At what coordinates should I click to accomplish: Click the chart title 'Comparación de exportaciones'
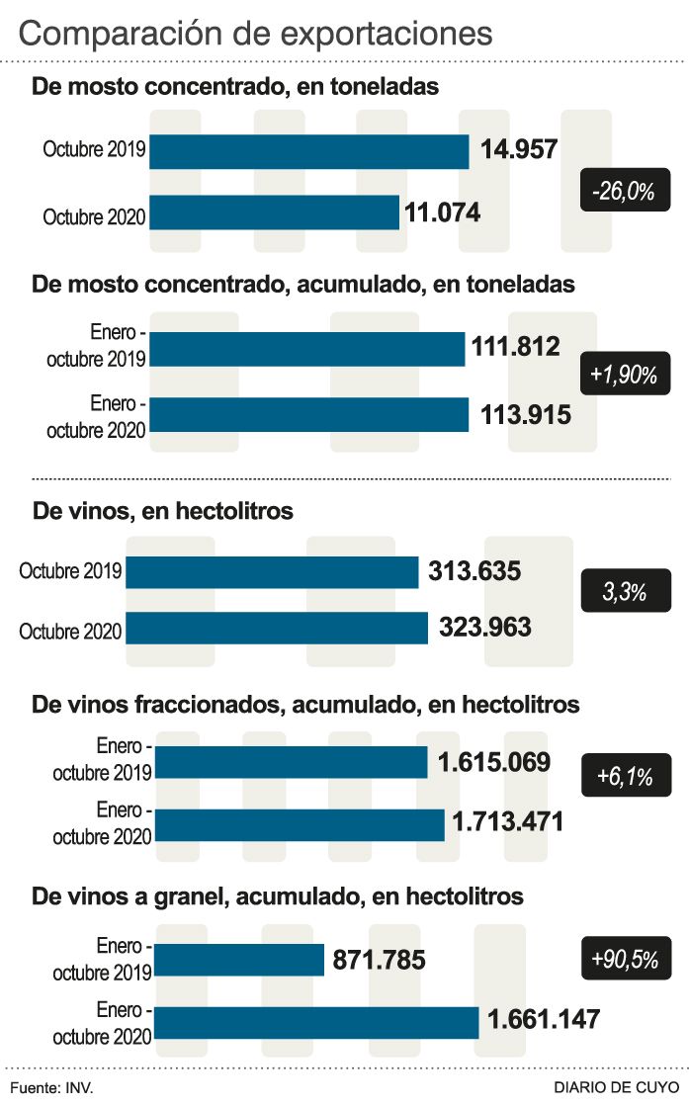click(x=255, y=33)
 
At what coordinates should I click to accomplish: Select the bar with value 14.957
click(x=308, y=151)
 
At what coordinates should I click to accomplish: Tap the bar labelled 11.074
click(x=274, y=213)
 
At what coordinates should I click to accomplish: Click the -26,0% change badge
click(x=624, y=191)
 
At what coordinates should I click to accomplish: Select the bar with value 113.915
click(x=308, y=414)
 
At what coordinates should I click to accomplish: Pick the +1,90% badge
click(x=624, y=374)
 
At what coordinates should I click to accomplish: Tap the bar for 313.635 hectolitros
click(x=272, y=572)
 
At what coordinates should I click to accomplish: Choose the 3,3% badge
click(x=624, y=592)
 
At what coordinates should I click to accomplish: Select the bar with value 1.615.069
click(x=292, y=762)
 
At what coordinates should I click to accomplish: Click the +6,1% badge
click(x=624, y=777)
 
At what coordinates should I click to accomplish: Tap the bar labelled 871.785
click(x=240, y=960)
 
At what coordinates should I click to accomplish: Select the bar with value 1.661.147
click(x=317, y=1022)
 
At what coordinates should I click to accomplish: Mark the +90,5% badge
click(x=624, y=959)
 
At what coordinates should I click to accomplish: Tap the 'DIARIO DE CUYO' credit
click(x=616, y=1087)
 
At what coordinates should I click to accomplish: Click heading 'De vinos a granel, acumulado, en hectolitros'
click(x=278, y=896)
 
